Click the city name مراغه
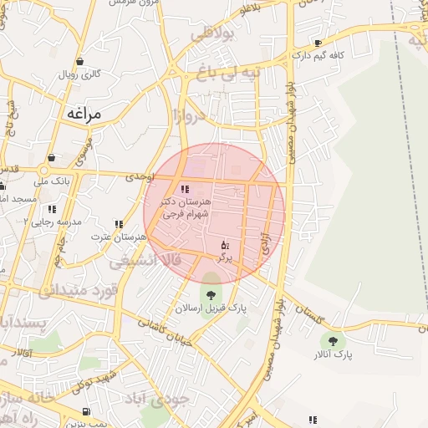[82, 112]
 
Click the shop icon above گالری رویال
[79, 60]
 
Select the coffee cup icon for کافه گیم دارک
[318, 43]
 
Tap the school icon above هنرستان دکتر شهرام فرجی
[185, 189]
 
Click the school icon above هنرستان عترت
[120, 224]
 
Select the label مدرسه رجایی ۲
[51, 222]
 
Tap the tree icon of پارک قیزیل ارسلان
[208, 293]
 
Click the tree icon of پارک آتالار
[334, 340]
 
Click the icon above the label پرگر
[224, 244]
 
